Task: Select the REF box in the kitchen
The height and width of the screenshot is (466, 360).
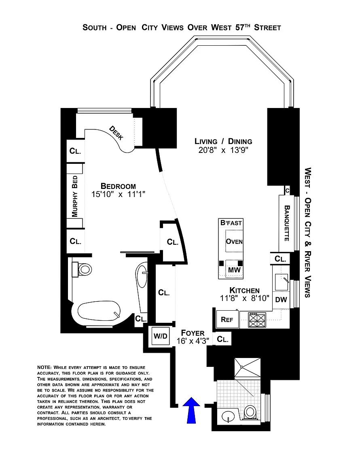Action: click(x=227, y=319)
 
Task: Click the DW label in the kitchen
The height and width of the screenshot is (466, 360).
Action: click(x=281, y=300)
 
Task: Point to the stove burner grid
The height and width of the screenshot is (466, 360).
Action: click(x=256, y=320)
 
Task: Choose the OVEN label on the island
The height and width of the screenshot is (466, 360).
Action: click(x=234, y=241)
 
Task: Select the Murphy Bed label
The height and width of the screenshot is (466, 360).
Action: click(x=75, y=196)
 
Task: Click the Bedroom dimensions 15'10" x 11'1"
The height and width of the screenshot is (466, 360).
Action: click(x=118, y=194)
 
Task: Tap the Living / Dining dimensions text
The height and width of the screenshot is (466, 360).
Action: click(x=223, y=150)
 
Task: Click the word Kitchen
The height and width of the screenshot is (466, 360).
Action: click(x=244, y=290)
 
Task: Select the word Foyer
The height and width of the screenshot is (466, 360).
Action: click(x=193, y=333)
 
